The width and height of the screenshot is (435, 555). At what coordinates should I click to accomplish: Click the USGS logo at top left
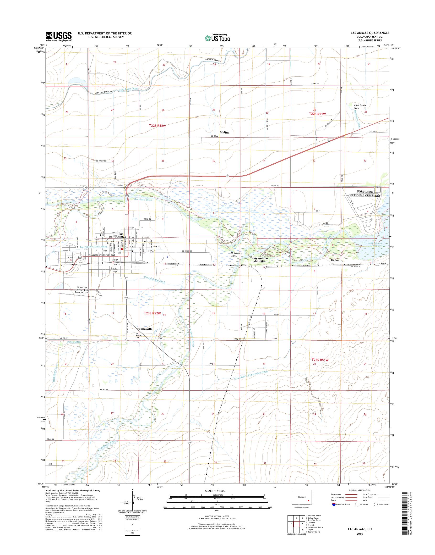[59, 36]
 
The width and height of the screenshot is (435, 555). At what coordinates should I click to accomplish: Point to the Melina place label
[224, 133]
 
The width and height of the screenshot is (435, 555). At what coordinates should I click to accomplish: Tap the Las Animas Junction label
[260, 260]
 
